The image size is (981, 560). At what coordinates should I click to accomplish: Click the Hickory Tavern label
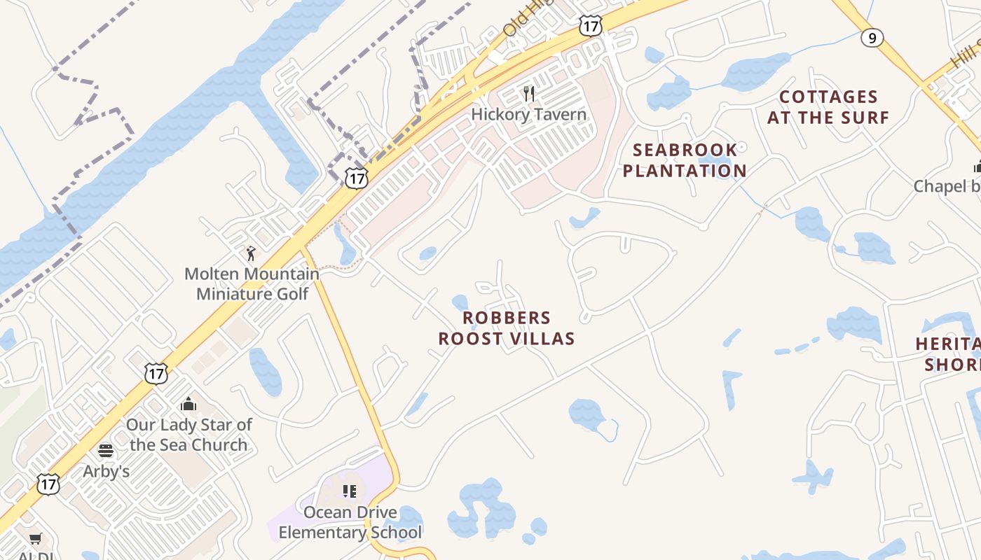coord(528,114)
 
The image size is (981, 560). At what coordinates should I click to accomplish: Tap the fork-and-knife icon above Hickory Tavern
coord(529,93)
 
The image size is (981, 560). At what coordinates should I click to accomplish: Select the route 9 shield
coord(872,37)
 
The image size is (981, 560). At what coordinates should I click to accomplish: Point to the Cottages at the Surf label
coord(828,107)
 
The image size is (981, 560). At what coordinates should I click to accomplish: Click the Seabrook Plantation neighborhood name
coord(685,160)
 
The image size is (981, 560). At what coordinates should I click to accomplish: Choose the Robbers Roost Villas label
coord(507,328)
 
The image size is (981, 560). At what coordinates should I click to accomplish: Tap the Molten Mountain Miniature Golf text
coord(252,283)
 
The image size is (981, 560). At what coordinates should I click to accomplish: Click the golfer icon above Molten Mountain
coord(251,253)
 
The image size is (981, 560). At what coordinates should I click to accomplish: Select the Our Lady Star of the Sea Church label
coord(188,435)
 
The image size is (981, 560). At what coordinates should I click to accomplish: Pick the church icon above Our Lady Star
coord(188,404)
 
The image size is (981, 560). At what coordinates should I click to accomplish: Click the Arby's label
coord(107,471)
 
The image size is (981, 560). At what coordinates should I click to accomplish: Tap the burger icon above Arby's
coord(106,450)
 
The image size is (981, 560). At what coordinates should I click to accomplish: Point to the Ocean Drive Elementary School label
coord(350,522)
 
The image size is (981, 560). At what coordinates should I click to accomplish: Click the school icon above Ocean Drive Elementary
coord(349,491)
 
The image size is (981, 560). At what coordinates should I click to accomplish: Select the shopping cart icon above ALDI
coord(35,538)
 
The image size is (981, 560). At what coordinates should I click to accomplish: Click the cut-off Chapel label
coord(947,186)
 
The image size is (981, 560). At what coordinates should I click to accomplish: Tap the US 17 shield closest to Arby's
coord(48,484)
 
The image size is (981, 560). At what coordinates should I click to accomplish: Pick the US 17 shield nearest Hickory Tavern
coord(590,27)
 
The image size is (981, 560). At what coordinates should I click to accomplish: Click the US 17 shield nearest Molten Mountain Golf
coord(357,178)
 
